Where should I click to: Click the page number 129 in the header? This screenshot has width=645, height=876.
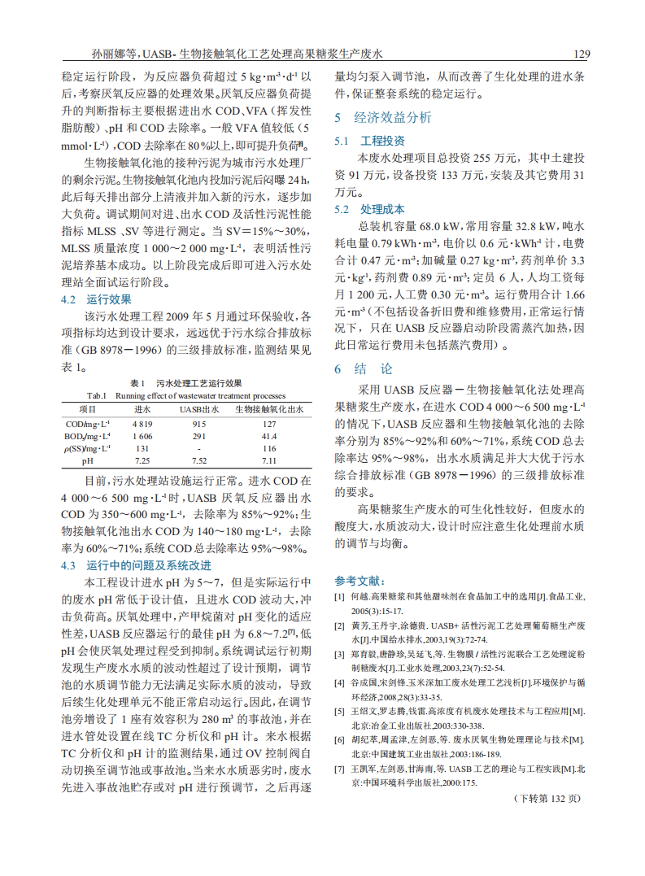click(x=581, y=54)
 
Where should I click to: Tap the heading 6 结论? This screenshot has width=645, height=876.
click(x=363, y=368)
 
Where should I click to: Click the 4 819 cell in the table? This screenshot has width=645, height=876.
click(x=142, y=424)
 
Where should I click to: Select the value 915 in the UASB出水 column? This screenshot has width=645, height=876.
click(x=198, y=424)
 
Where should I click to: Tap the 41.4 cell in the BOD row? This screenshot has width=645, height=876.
click(x=269, y=436)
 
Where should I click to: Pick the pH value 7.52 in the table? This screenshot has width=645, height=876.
click(x=198, y=460)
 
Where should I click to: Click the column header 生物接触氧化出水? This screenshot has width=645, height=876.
click(x=269, y=410)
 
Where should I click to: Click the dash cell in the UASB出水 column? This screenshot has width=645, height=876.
click(x=198, y=448)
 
